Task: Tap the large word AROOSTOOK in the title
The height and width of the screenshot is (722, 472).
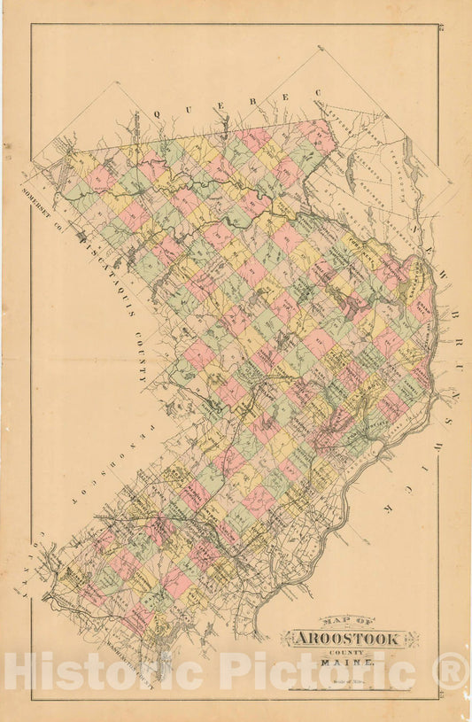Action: (350, 640)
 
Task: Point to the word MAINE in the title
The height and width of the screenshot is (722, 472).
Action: (352, 663)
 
